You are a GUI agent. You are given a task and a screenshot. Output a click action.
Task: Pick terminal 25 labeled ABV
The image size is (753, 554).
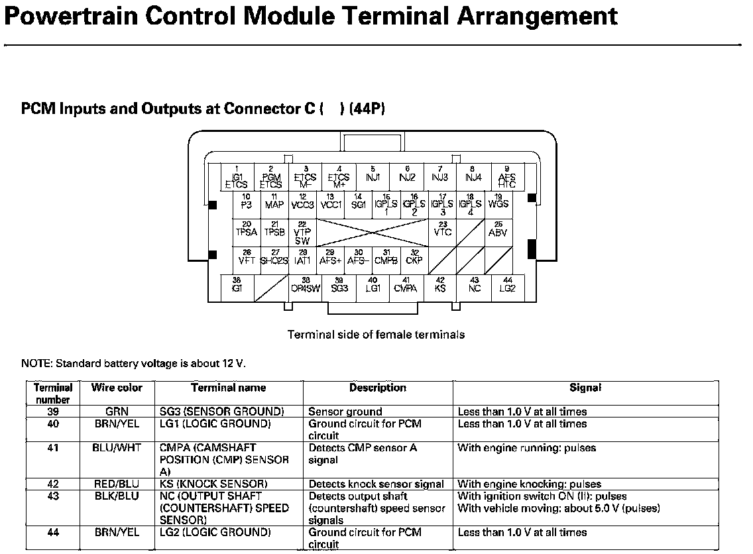(498, 231)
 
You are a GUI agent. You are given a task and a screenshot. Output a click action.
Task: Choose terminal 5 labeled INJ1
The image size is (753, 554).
(373, 176)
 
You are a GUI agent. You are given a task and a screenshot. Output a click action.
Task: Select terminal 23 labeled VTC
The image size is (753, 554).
(442, 231)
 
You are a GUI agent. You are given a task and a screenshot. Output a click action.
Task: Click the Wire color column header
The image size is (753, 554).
(117, 388)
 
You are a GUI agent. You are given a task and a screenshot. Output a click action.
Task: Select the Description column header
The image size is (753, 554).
(377, 388)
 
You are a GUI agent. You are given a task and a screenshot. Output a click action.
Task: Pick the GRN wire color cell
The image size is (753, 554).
(117, 412)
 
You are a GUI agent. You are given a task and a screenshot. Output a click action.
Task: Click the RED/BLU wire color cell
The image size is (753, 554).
(117, 484)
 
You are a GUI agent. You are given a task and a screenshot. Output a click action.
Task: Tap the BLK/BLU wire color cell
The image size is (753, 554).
(117, 496)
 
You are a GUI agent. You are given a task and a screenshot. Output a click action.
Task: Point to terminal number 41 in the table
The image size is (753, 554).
(53, 448)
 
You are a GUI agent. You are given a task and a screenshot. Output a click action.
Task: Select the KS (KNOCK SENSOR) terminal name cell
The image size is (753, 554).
(213, 484)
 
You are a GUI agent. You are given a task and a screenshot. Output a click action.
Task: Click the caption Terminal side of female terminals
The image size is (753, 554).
(376, 335)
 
